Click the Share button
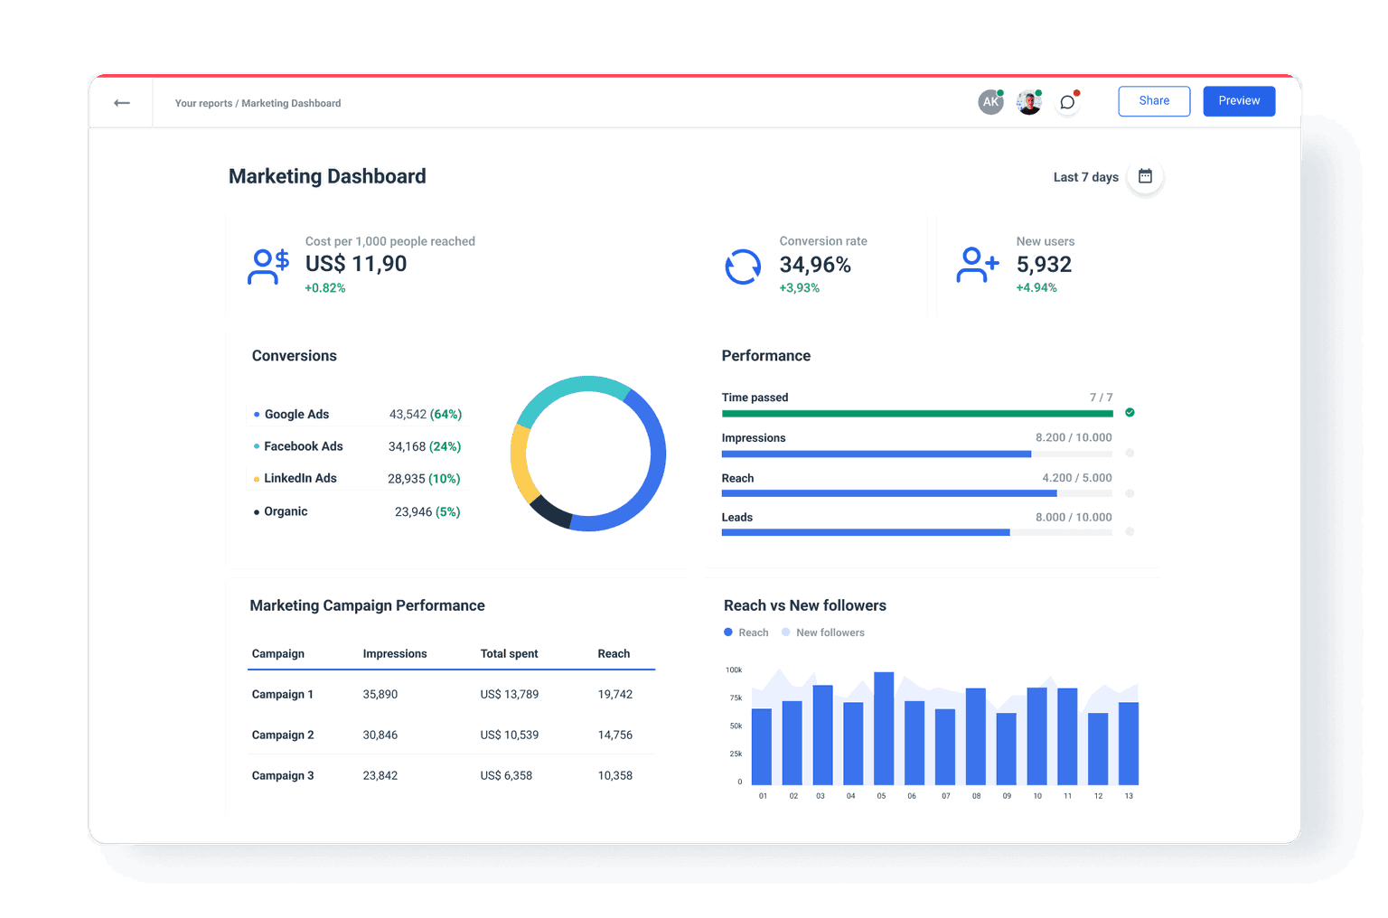pos(1154,101)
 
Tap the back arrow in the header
pos(122,103)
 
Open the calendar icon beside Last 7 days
pos(1145,176)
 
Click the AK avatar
pos(990,102)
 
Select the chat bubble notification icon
pos(1067,102)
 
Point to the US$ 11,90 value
pos(356,264)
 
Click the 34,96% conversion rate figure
pos(815,265)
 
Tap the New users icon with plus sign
pos(977,265)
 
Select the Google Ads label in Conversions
pos(296,415)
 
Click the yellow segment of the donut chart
pos(520,462)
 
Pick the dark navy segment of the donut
pos(549,512)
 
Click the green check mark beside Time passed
pos(1130,413)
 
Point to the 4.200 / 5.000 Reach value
pos(1076,478)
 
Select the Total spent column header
pos(509,654)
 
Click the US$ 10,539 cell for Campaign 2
pos(509,735)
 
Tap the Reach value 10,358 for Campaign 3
pos(614,776)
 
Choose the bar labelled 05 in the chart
pos(883,728)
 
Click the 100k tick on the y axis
pos(734,670)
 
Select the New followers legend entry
pos(830,632)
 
